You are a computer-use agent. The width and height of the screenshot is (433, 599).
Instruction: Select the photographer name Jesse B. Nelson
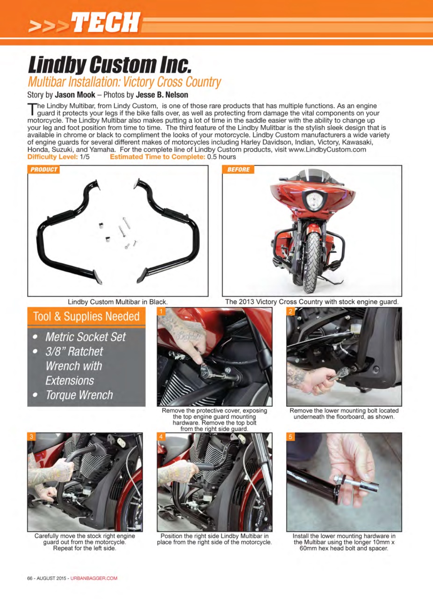pos(162,95)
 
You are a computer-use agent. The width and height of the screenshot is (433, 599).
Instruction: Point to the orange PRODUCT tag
pos(44,169)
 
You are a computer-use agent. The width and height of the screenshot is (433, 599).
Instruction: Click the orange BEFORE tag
pos(238,169)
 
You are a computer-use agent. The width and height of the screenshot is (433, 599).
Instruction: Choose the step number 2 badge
pos(291,311)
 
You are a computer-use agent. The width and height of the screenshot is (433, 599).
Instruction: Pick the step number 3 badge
pos(31,437)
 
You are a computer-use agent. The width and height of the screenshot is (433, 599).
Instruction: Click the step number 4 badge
pos(161,437)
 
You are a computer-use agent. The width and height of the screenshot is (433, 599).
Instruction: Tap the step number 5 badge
pos(291,437)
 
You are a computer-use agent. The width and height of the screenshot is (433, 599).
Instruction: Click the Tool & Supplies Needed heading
pos(86,317)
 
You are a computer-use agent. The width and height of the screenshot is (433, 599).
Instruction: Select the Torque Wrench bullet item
pos(79,395)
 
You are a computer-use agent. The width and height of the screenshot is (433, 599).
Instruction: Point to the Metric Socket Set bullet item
pos(85,337)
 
